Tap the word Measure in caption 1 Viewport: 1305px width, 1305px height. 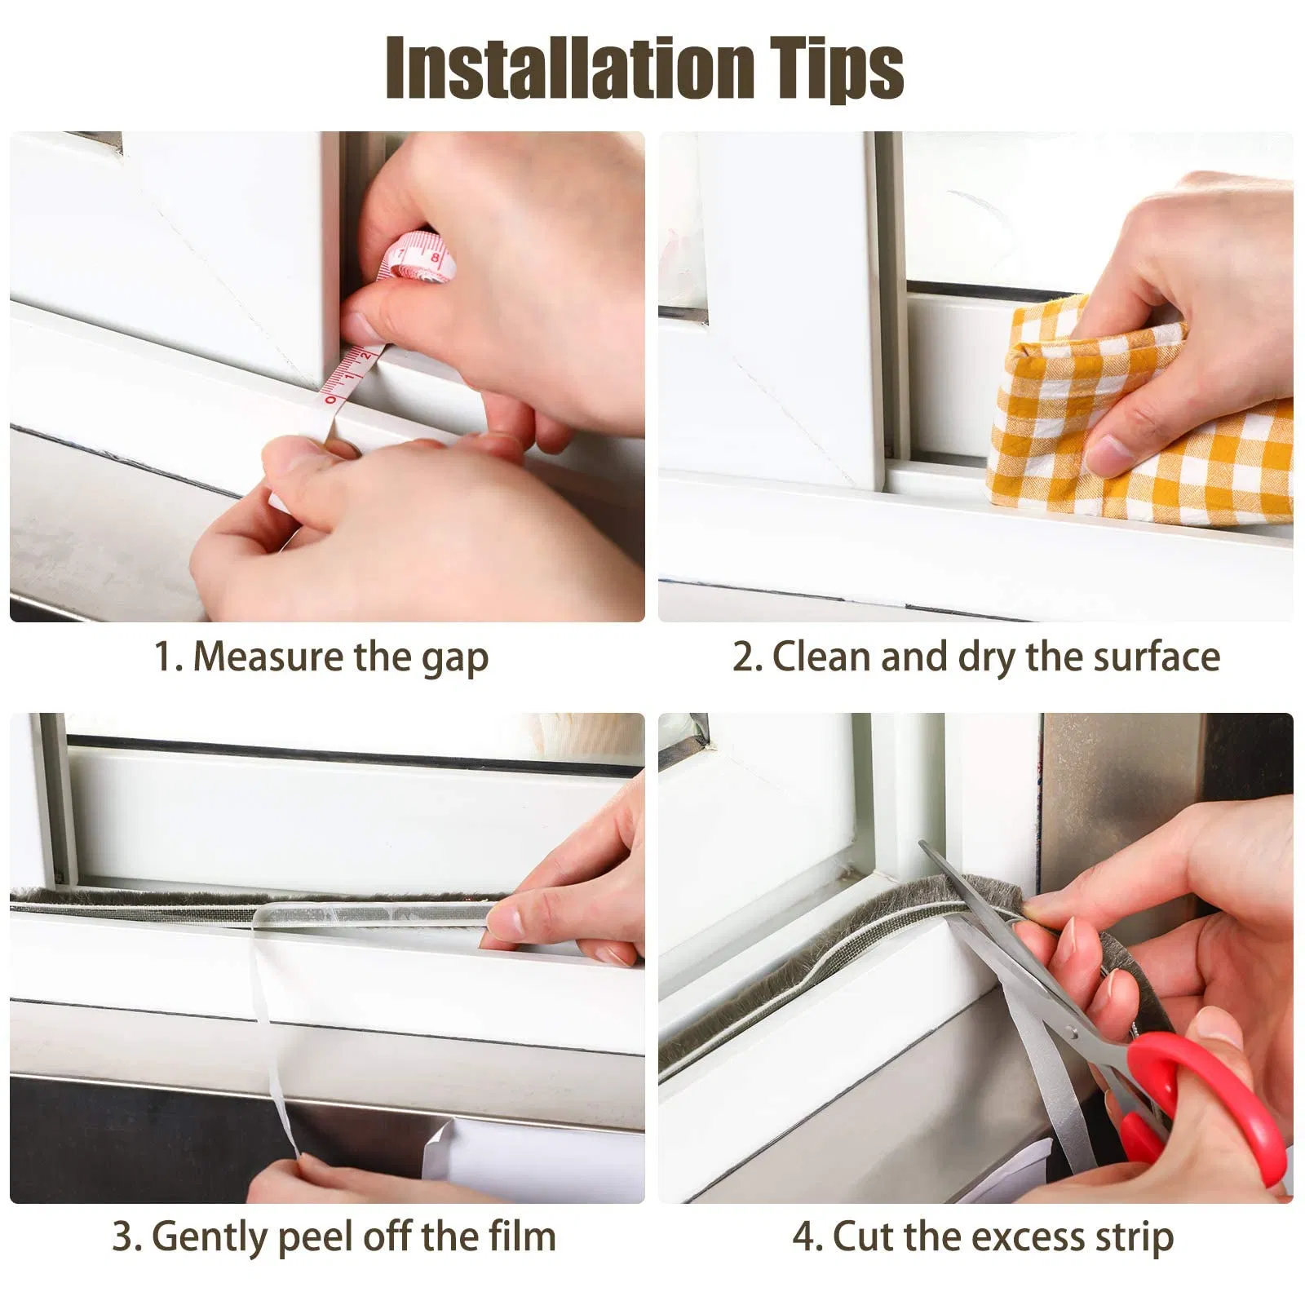click(x=268, y=656)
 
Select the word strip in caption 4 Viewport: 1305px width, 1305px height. click(x=1135, y=1238)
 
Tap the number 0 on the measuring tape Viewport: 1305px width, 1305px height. click(x=330, y=400)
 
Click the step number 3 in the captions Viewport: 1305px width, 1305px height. click(x=125, y=1236)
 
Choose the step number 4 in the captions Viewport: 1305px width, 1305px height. click(x=804, y=1236)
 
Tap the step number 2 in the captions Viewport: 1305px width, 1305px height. click(x=745, y=657)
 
